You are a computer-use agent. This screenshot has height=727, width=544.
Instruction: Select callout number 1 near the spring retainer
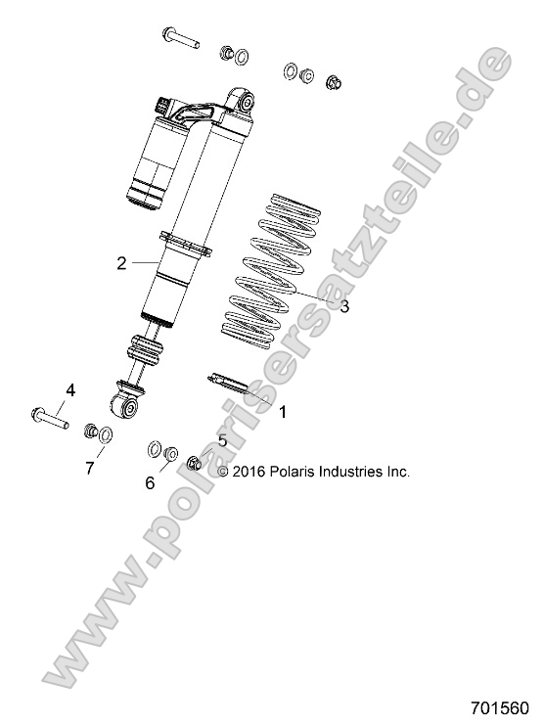[x=283, y=412]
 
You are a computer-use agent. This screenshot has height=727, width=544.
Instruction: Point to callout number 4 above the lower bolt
[x=69, y=391]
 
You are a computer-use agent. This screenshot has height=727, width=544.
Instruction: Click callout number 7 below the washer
[x=89, y=468]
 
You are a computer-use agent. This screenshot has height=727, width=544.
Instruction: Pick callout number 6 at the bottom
[x=150, y=482]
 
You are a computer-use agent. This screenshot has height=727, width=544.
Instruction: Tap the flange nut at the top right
[x=332, y=81]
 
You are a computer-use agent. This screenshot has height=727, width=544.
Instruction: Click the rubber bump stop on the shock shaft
[x=144, y=350]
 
